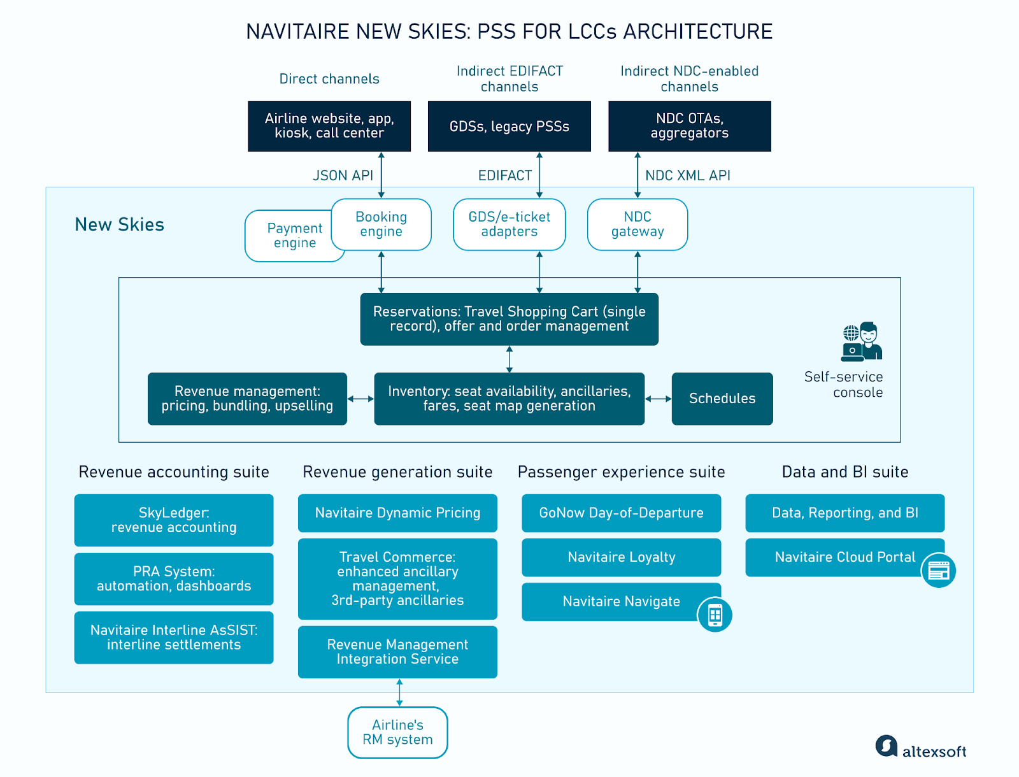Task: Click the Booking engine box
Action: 381,224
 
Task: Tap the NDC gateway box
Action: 638,224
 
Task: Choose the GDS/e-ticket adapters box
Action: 509,224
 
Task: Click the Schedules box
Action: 722,399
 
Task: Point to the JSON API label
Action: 343,176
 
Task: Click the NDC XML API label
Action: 688,176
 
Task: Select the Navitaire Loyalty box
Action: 621,557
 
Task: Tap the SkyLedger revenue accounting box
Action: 174,520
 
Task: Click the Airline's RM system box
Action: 397,732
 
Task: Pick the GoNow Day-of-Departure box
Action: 621,513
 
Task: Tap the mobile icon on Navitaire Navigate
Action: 715,615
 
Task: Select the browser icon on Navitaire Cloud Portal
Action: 939,571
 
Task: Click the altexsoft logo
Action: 921,748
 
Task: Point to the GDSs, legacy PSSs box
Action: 509,126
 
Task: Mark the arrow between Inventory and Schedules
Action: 659,399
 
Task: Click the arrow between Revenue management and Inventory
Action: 360,399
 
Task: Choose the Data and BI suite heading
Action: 844,472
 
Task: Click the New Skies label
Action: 120,225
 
